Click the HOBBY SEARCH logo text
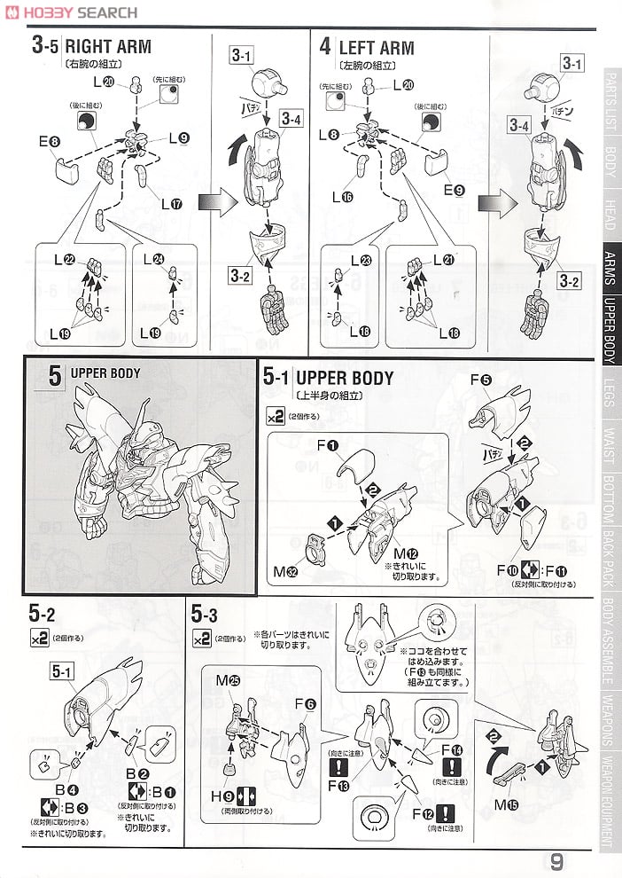click(75, 12)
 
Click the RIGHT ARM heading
click(108, 47)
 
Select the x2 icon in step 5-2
click(38, 638)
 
